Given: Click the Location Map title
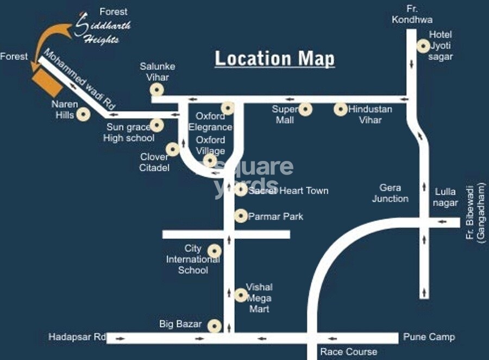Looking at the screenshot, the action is pos(275,58).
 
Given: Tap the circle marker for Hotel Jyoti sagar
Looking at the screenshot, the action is pos(423,46).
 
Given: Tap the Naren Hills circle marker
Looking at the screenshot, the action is pos(83,114).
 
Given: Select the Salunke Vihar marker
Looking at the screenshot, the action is pos(157,90).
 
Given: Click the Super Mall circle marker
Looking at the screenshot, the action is pos(306,109).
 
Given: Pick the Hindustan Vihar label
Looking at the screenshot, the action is pos(370,114).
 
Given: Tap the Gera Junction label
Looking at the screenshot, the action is pos(390,193).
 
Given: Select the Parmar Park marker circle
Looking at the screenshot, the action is pos(241,216).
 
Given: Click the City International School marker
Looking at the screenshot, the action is pos(215,251).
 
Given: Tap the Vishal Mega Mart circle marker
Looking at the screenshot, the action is pos(241,295).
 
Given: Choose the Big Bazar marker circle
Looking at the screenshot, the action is pos(215,325).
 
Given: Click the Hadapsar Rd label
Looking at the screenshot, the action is pos(77,337).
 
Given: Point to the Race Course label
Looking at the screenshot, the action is pos(348,351).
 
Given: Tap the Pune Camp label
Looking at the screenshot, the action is pos(429,337).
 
